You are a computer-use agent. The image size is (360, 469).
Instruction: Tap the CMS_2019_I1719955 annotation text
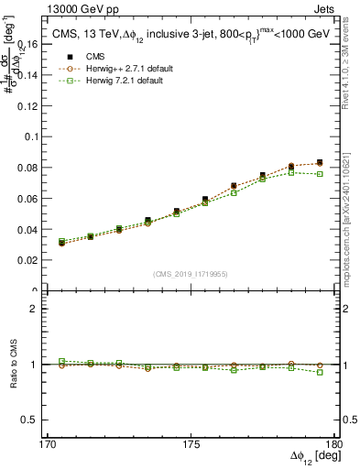(x=191, y=273)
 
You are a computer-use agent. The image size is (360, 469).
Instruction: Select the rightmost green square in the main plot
(x=320, y=174)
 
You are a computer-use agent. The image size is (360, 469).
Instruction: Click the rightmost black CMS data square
(x=320, y=162)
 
